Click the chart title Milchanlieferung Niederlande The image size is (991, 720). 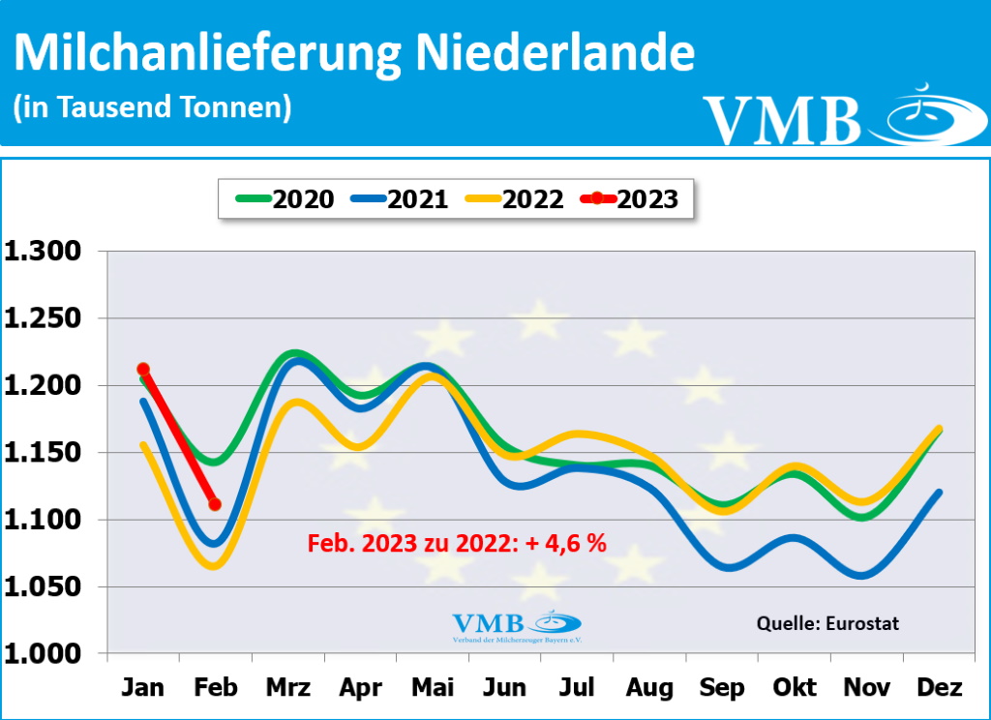[x=354, y=53]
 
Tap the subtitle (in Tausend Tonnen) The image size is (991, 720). [x=152, y=106]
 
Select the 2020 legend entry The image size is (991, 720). [x=286, y=199]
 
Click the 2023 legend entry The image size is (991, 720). [x=630, y=199]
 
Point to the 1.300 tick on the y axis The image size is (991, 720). [x=45, y=252]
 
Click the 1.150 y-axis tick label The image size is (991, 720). [x=45, y=453]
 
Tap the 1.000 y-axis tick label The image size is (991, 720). [x=45, y=654]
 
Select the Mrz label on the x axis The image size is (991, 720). [x=287, y=688]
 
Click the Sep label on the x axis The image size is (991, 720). [x=721, y=688]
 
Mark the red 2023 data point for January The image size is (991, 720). [x=143, y=369]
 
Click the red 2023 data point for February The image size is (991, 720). [x=215, y=504]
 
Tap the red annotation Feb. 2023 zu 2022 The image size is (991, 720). [x=457, y=544]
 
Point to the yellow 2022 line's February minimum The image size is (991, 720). [x=215, y=566]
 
